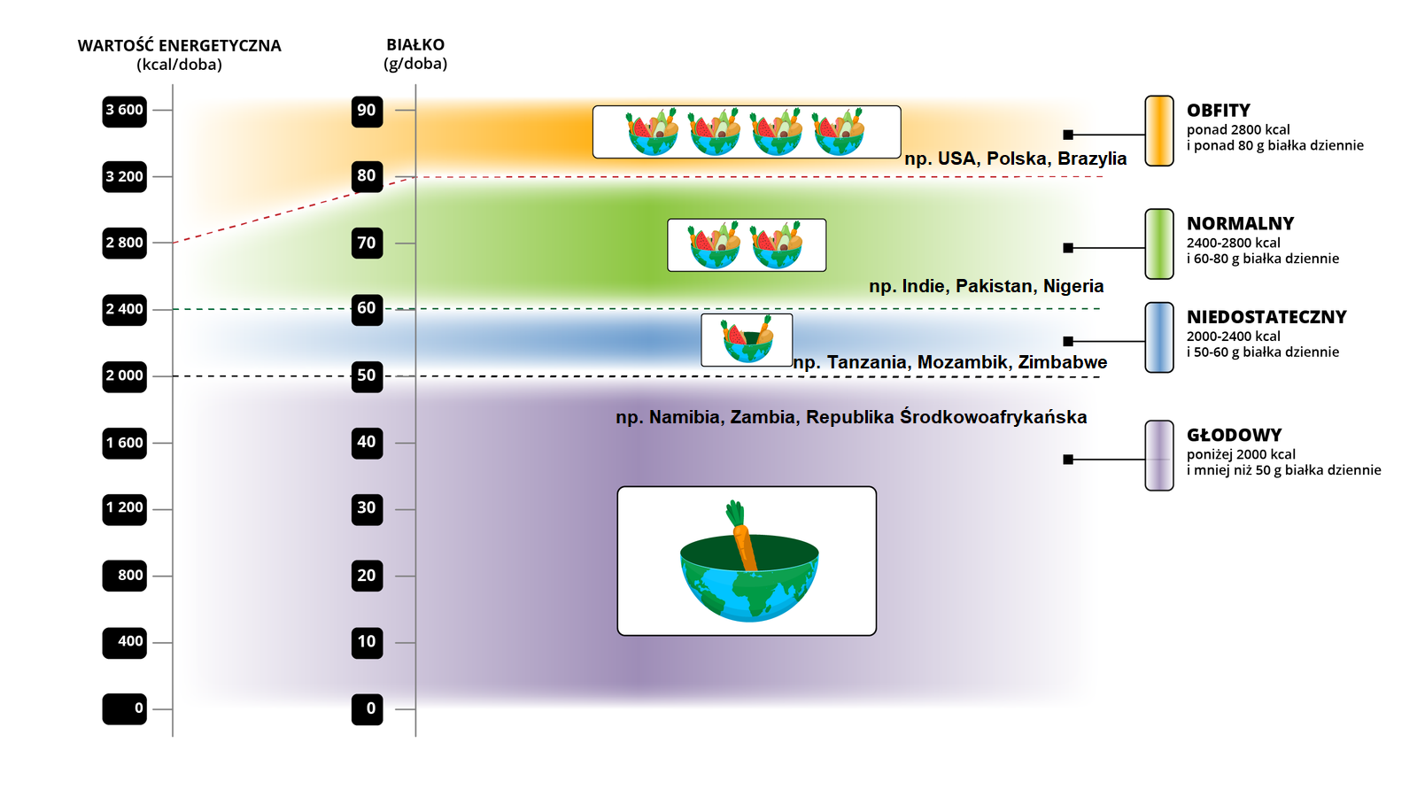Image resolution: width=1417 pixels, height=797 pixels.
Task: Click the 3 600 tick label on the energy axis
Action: tap(125, 111)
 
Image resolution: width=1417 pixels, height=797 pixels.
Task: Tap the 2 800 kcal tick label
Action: tap(125, 243)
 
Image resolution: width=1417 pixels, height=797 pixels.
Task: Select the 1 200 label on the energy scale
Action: tap(125, 508)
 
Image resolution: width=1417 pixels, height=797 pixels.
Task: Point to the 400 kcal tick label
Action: tap(125, 642)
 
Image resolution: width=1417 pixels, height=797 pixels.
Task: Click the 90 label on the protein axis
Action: tap(367, 111)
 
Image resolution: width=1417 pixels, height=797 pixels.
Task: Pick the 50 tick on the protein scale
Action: tap(367, 375)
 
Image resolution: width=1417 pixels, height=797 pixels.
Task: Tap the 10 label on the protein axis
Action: tap(367, 642)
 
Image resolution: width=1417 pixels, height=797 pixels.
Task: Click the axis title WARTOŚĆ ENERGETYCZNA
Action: tap(179, 46)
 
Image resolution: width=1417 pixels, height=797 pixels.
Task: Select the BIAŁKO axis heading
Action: tap(415, 45)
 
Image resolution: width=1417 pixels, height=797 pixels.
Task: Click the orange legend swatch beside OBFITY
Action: tap(1159, 131)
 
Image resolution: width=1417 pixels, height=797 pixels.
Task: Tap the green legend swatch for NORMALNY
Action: tap(1159, 244)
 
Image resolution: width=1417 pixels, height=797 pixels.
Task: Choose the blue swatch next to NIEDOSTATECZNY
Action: tap(1159, 337)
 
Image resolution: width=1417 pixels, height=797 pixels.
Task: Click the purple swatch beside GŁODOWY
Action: tap(1159, 455)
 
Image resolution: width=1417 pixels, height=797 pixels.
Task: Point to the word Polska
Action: tap(1017, 159)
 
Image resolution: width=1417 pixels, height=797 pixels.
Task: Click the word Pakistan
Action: tap(994, 286)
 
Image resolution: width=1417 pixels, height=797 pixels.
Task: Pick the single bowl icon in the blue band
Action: tap(747, 340)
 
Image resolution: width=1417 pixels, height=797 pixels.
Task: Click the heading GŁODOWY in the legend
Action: tap(1234, 435)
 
